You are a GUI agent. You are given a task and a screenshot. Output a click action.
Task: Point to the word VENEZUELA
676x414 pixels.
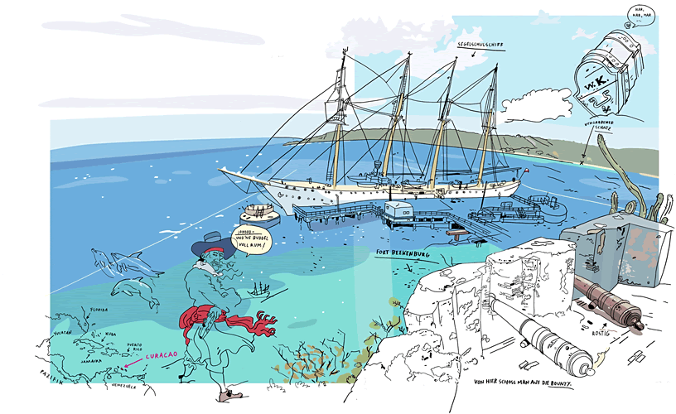125,385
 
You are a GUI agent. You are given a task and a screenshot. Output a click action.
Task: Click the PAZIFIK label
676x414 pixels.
52,375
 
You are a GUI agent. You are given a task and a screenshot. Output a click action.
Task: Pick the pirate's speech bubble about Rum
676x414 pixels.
252,237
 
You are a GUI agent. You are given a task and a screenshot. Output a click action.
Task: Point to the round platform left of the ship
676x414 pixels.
260,209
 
